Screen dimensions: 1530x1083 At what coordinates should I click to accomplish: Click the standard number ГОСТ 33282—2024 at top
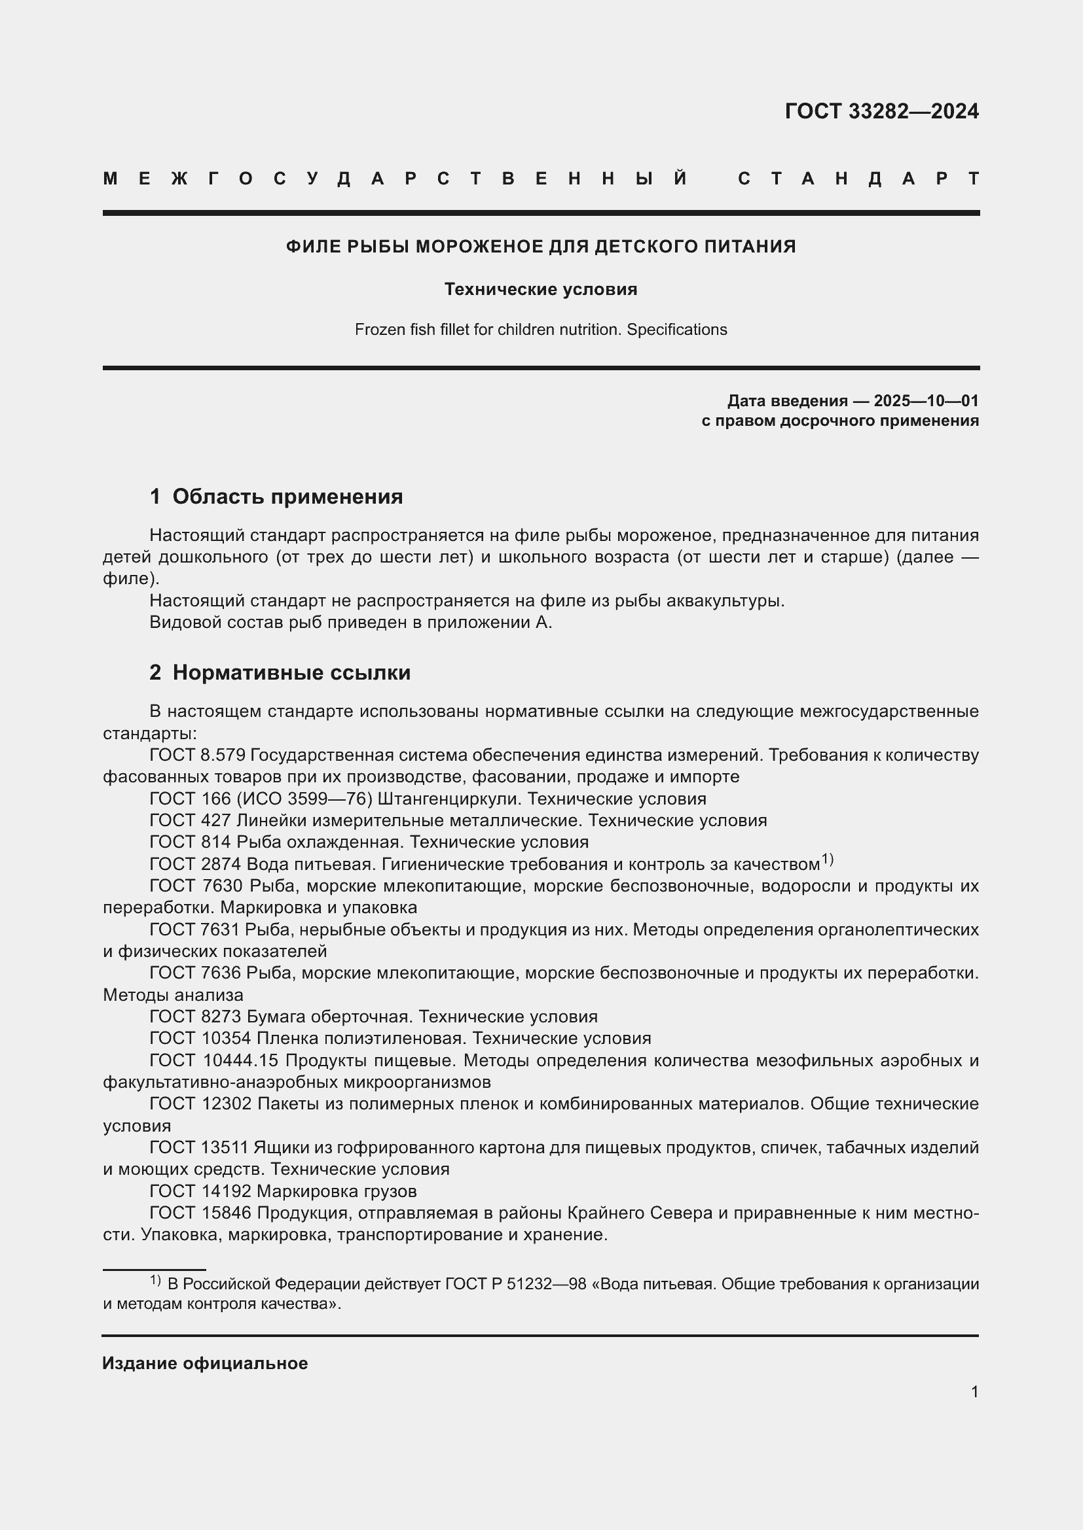[x=881, y=111]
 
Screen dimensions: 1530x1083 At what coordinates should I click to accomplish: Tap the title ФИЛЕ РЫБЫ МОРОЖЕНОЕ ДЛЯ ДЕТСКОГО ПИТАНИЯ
[x=541, y=247]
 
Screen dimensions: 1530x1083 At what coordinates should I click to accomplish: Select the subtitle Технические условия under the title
[x=541, y=289]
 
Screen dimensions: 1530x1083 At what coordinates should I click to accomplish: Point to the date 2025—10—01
[x=927, y=400]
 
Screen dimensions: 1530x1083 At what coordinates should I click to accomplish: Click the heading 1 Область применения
[x=276, y=496]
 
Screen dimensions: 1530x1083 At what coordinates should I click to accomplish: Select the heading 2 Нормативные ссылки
[x=280, y=672]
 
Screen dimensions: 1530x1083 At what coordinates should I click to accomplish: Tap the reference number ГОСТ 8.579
[x=197, y=755]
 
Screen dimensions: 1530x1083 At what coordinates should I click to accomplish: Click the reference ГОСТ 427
[x=189, y=820]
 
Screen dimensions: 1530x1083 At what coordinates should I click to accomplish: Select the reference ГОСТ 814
[x=189, y=842]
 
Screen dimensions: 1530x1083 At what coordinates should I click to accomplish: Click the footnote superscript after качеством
[x=827, y=860]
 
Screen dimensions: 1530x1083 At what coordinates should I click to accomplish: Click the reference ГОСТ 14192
[x=200, y=1191]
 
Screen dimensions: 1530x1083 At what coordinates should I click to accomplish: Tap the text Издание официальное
[x=205, y=1363]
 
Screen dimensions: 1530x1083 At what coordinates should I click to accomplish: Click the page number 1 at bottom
[x=974, y=1391]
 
